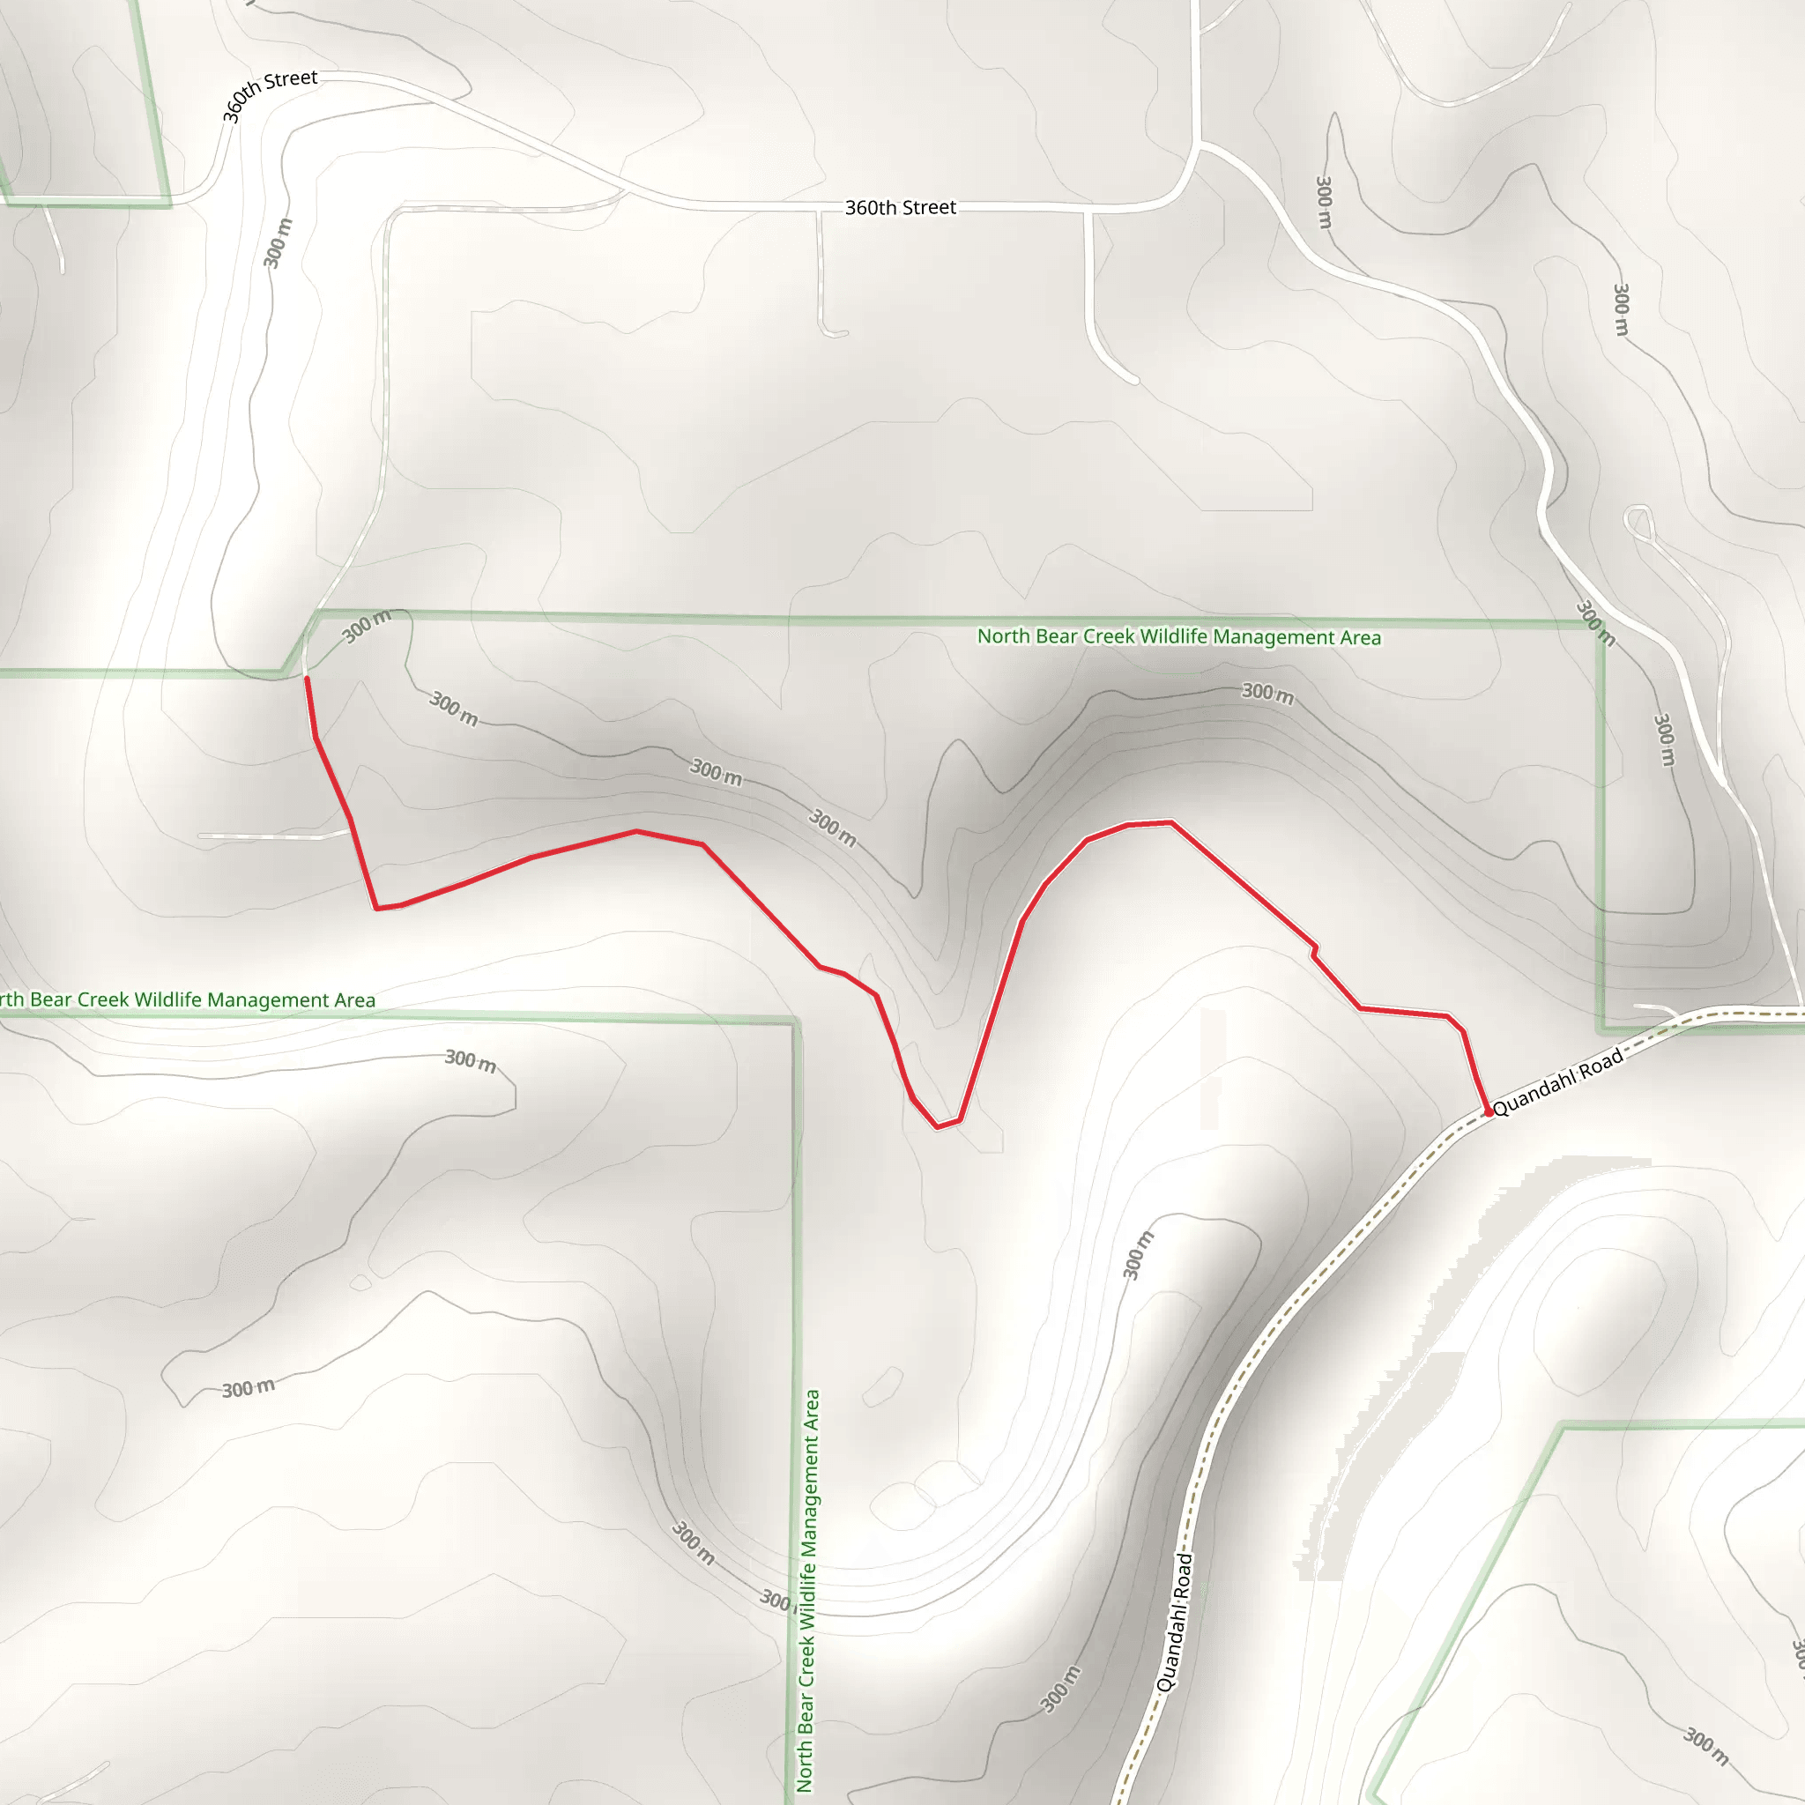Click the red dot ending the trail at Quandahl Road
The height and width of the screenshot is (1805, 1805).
coord(1489,1111)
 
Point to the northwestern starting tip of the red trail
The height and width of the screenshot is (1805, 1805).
coord(308,680)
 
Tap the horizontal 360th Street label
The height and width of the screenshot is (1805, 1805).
coord(900,207)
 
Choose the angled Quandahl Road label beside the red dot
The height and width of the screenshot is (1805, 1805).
coord(1557,1082)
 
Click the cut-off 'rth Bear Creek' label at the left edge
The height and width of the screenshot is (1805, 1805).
coord(187,999)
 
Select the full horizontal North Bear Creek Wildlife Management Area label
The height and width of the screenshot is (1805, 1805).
coord(1178,637)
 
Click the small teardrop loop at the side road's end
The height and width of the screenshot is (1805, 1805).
coord(1638,520)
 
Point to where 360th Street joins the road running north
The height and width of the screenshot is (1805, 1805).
coord(1197,145)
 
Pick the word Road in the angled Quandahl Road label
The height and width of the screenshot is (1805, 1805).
coord(1601,1061)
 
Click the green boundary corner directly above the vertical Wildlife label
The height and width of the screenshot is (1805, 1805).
coord(796,1021)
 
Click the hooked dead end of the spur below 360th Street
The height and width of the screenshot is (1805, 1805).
coord(842,332)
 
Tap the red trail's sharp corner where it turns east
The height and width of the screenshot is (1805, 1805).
coord(376,907)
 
